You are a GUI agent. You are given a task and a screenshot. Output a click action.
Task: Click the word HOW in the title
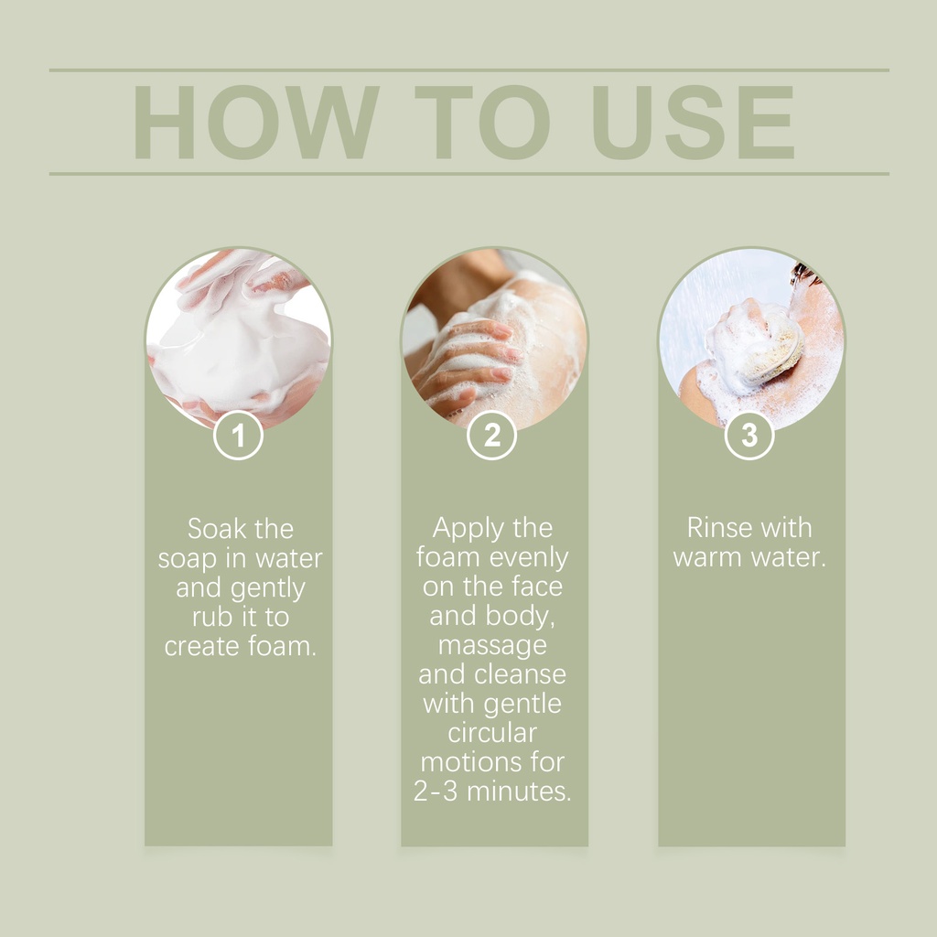[256, 122]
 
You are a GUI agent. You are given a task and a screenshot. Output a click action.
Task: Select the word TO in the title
[482, 122]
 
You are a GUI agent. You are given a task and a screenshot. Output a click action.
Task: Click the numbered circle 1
[239, 435]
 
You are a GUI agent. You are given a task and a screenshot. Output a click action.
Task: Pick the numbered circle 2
[491, 435]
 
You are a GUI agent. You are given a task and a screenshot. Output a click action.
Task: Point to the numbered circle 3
[749, 435]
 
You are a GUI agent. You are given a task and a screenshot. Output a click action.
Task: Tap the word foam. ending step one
[283, 646]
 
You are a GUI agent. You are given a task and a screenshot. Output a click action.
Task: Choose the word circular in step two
[492, 733]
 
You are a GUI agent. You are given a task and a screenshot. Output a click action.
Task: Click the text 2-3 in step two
[436, 792]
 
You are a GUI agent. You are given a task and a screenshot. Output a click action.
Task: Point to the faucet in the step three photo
[803, 275]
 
